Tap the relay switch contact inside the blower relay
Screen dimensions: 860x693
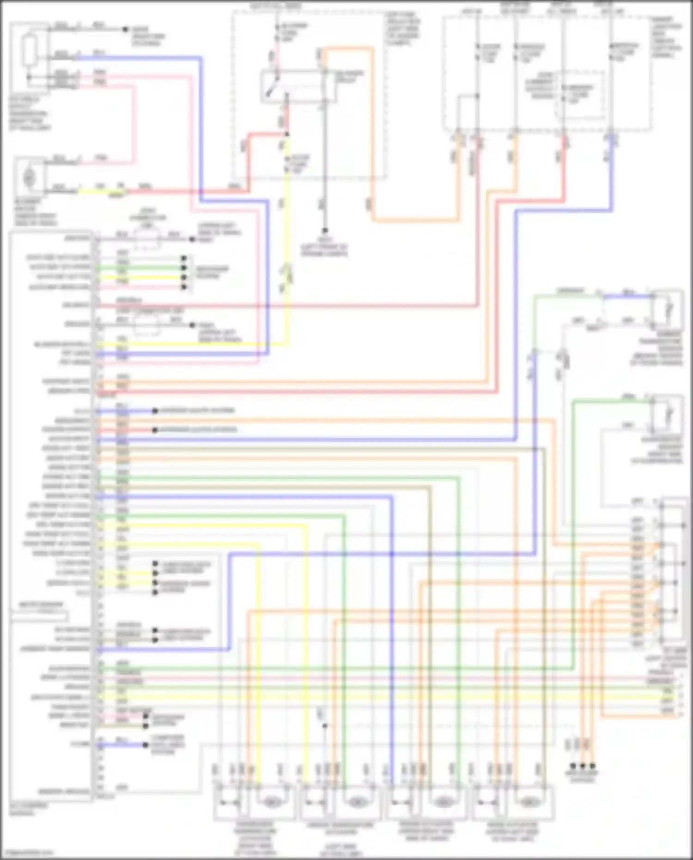point(273,86)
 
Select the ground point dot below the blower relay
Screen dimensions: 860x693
point(325,231)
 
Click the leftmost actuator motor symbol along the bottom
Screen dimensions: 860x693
point(272,802)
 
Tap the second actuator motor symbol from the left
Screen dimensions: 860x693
point(356,802)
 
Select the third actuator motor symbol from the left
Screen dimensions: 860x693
point(443,802)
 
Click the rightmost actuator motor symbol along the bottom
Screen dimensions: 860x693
point(528,802)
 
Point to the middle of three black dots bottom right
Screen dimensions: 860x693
point(583,766)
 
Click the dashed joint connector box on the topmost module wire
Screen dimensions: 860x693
point(147,240)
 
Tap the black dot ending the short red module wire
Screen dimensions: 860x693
point(155,430)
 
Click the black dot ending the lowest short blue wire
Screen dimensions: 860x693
point(146,744)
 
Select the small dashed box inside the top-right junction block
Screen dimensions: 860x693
point(580,95)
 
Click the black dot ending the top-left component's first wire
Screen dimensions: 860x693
point(125,29)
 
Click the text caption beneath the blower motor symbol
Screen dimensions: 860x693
point(35,213)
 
